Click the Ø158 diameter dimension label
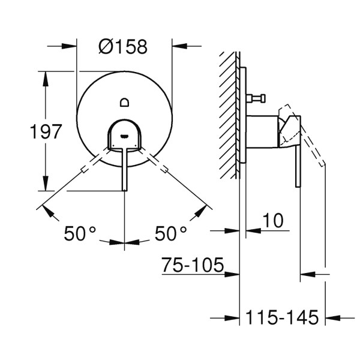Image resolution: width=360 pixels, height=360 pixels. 124,46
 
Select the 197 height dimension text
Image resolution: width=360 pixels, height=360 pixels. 46,131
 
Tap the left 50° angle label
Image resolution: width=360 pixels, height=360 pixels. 80,233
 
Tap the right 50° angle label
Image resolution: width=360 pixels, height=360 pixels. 171,233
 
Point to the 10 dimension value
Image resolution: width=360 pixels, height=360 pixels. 273,221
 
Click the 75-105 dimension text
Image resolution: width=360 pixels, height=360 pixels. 193,265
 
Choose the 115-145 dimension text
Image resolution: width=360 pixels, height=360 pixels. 282,317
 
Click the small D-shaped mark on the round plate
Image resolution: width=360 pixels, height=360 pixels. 124,101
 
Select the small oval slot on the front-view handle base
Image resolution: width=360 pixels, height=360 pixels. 124,136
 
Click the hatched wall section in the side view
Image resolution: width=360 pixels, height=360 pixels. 229,114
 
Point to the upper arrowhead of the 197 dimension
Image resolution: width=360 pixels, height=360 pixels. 46,77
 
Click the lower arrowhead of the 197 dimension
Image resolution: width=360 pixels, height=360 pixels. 46,185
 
